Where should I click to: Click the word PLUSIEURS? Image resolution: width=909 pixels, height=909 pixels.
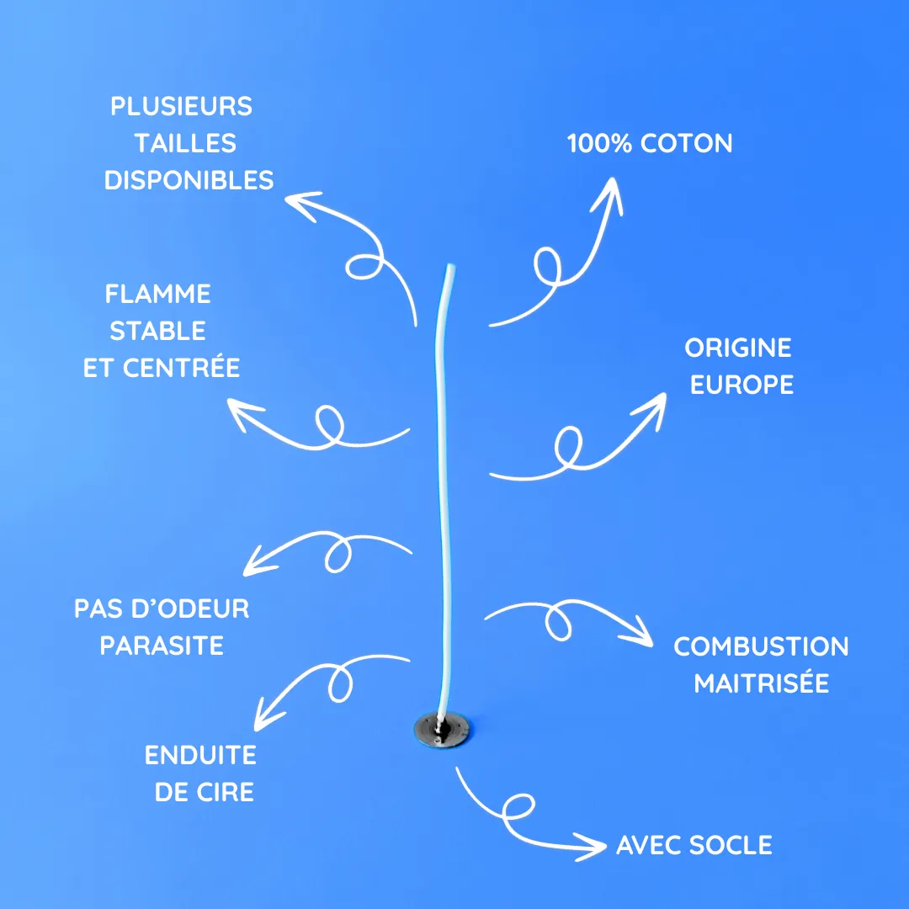click(181, 107)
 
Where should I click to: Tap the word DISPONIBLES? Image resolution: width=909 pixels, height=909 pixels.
click(189, 180)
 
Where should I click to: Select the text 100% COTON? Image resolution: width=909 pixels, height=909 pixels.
click(650, 143)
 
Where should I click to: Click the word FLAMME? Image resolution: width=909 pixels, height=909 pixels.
click(158, 294)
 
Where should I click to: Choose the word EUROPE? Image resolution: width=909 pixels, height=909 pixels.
click(742, 385)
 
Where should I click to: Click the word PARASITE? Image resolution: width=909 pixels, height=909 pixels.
click(162, 646)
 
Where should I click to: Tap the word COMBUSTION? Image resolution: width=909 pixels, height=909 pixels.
click(761, 646)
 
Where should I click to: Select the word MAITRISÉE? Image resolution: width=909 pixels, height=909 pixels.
click(761, 683)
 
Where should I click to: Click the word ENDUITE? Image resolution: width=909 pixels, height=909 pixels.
click(200, 755)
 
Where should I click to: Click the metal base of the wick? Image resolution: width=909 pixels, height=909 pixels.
click(442, 729)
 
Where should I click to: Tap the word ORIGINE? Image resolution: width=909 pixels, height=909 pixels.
click(738, 348)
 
